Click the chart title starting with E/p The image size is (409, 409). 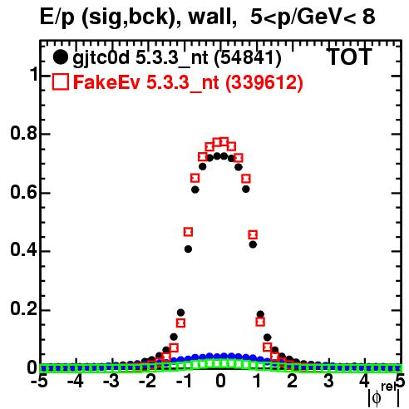click(x=207, y=17)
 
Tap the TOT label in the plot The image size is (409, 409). click(x=350, y=57)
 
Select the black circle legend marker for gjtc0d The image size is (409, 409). click(x=60, y=57)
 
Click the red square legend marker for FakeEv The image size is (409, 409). click(x=61, y=81)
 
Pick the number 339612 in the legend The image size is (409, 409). click(x=264, y=82)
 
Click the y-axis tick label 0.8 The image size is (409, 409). click(x=24, y=133)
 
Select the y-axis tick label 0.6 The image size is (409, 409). click(x=24, y=192)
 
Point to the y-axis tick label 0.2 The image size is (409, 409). click(x=24, y=309)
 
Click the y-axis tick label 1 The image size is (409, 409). click(x=34, y=74)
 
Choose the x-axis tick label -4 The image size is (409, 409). click(x=76, y=381)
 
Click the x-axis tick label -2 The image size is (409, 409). click(x=148, y=381)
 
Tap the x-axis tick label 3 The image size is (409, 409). click(x=328, y=381)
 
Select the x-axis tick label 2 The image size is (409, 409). click(x=293, y=381)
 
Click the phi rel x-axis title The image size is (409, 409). click(x=384, y=395)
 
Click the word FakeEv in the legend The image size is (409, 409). click(x=106, y=82)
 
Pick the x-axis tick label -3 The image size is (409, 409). click(x=111, y=381)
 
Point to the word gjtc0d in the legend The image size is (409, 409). click(x=101, y=58)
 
